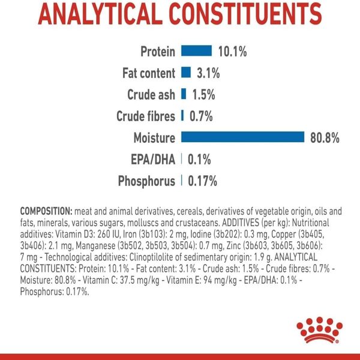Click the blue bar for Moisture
click(242, 138)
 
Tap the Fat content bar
click(185, 73)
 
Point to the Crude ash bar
click(184, 95)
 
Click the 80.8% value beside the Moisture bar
click(325, 138)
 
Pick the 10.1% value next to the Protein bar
click(232, 52)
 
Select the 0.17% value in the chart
click(203, 181)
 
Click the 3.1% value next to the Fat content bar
click(208, 73)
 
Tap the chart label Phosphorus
click(146, 181)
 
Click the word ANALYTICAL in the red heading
click(99, 13)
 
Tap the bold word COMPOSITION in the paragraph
click(46, 212)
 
